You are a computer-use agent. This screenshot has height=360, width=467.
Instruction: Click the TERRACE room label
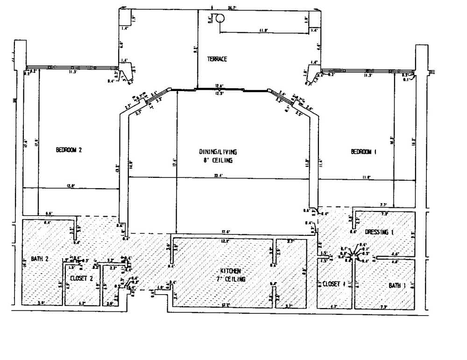217,59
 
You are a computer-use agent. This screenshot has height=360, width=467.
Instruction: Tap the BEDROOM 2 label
69,150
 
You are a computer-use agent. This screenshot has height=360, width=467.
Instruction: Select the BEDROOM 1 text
363,152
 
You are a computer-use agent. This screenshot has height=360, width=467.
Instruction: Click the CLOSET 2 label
82,278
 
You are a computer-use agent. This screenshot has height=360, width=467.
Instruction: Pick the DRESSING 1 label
379,232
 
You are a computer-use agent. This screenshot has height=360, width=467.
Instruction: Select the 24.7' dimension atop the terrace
232,7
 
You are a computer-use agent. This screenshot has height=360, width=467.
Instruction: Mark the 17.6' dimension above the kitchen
226,232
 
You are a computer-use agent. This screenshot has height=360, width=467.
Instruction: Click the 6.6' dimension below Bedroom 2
49,213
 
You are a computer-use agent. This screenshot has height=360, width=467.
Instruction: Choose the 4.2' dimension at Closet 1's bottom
333,306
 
